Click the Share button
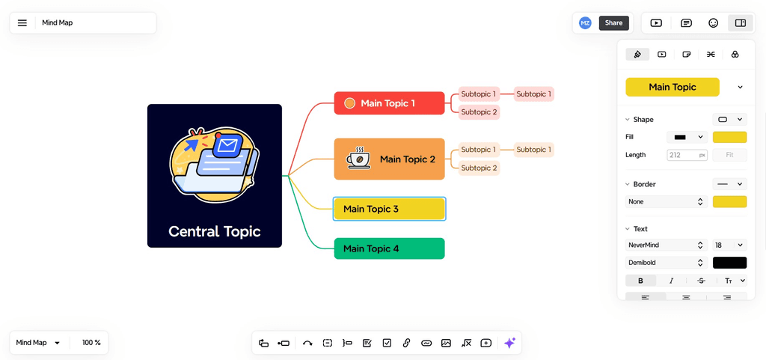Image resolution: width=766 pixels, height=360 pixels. click(x=613, y=23)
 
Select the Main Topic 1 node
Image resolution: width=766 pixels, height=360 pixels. click(x=389, y=103)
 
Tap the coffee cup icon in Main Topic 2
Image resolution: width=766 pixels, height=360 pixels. click(x=358, y=159)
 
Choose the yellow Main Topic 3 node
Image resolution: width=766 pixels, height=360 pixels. click(x=389, y=209)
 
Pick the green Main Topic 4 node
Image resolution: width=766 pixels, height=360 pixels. click(x=389, y=248)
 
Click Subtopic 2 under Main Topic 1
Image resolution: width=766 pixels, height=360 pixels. click(x=479, y=112)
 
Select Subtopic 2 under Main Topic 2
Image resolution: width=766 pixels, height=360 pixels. click(x=479, y=168)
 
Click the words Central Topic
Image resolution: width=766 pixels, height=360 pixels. click(x=215, y=231)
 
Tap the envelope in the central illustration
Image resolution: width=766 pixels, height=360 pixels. click(x=227, y=145)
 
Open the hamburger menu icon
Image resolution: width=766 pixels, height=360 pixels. click(x=22, y=23)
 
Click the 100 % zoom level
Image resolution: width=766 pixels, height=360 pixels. click(x=91, y=343)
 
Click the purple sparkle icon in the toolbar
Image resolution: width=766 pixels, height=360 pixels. click(x=509, y=343)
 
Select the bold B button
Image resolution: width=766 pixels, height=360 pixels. click(x=640, y=281)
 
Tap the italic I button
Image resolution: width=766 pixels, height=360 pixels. click(x=671, y=281)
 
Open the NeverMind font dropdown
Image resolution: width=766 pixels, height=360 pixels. click(x=665, y=245)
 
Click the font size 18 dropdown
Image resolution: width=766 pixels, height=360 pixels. click(x=729, y=245)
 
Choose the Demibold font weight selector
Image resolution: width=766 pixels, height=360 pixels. click(x=665, y=263)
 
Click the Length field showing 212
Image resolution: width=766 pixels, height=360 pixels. click(x=683, y=155)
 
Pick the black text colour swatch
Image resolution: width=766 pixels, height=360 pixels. click(x=729, y=263)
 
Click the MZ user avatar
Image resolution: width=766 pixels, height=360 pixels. click(x=585, y=23)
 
